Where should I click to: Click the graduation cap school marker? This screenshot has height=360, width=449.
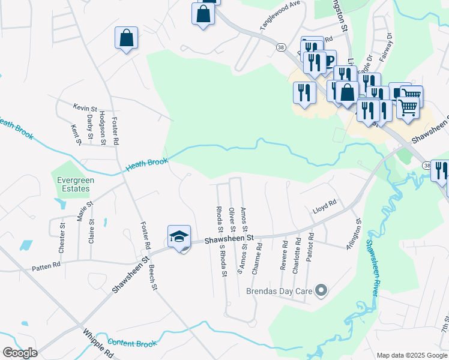pos(179,237)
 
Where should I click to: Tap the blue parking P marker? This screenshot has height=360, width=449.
pos(329,61)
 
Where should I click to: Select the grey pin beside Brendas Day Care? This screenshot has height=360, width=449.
pos(321,291)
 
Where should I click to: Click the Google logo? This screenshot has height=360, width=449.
pos(20,352)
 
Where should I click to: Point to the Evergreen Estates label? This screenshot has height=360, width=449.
pos(73,184)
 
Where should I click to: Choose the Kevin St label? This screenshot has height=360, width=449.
pos(85,107)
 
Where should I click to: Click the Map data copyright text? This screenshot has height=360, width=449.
pos(411,355)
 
